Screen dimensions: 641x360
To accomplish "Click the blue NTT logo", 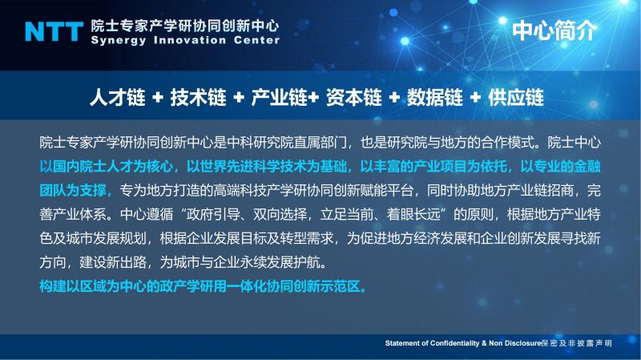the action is pyautogui.click(x=54, y=31).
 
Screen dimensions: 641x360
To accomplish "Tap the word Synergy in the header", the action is pyautogui.click(x=118, y=41).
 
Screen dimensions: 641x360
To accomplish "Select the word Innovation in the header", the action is pyautogui.click(x=190, y=40).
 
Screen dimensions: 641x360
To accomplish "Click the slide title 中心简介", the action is pyautogui.click(x=554, y=30).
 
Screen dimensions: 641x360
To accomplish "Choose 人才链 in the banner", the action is pyautogui.click(x=117, y=98).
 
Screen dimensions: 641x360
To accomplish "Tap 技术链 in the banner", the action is pyautogui.click(x=198, y=98).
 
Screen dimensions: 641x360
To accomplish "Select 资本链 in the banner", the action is pyautogui.click(x=354, y=98).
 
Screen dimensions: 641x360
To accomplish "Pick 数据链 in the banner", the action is pyautogui.click(x=435, y=98).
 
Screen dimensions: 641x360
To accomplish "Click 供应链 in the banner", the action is pyautogui.click(x=516, y=98).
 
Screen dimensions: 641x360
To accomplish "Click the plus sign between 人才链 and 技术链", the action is pyautogui.click(x=158, y=98).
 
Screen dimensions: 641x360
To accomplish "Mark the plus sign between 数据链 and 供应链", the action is pyautogui.click(x=475, y=98).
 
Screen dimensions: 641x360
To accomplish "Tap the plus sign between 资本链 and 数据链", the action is pyautogui.click(x=394, y=98).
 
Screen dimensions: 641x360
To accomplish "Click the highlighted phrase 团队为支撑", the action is pyautogui.click(x=73, y=190).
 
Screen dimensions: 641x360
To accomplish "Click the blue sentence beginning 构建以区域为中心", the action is pyautogui.click(x=203, y=286).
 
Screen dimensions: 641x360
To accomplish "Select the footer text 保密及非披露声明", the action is pyautogui.click(x=576, y=343).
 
